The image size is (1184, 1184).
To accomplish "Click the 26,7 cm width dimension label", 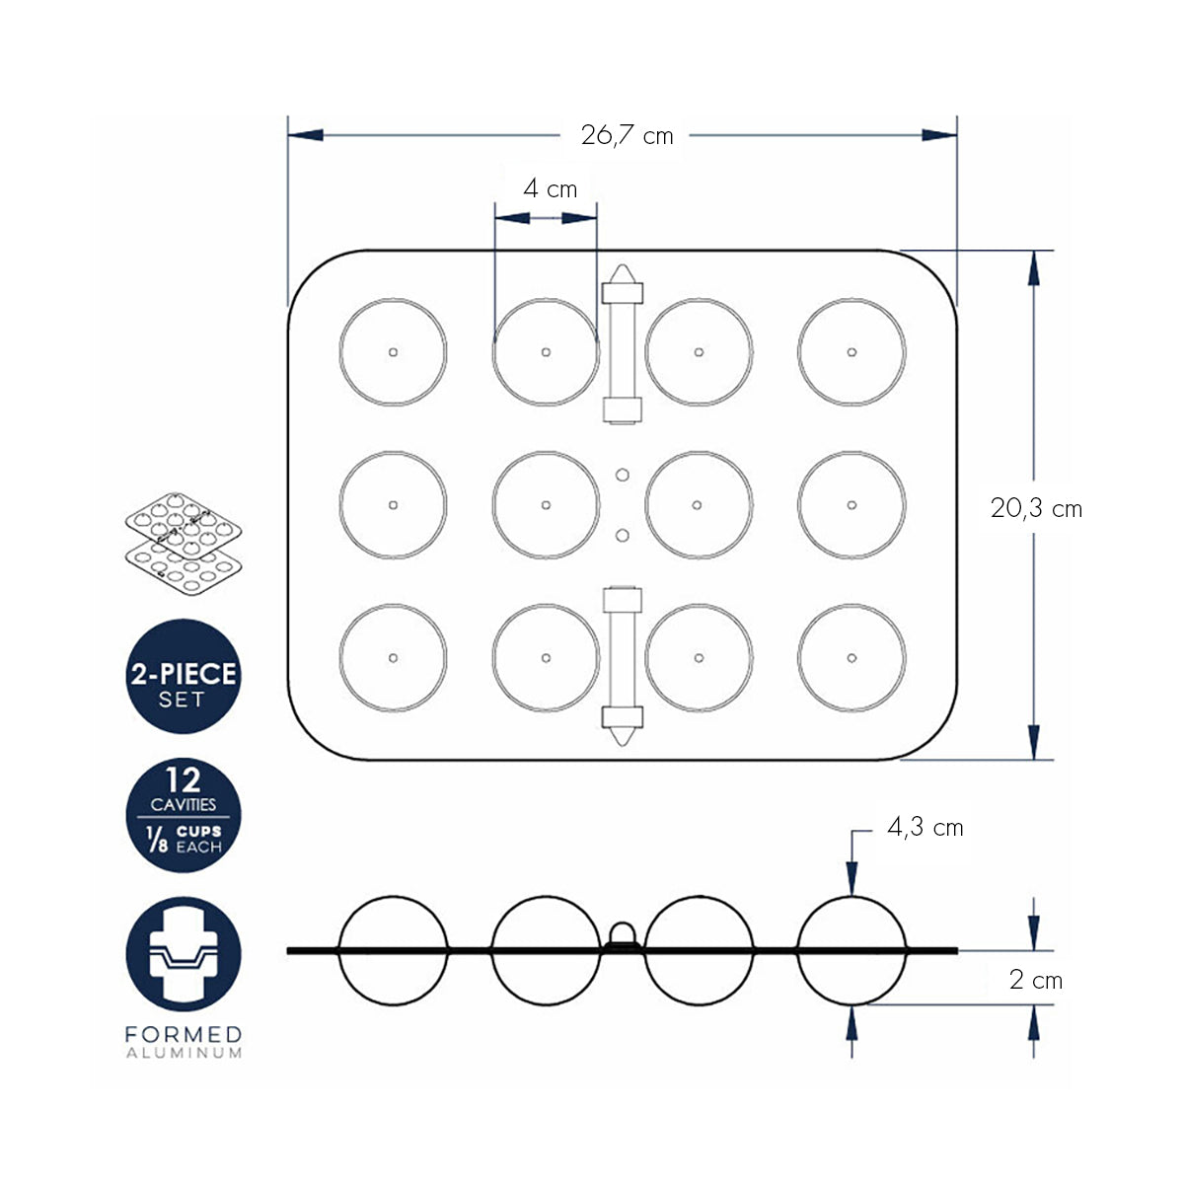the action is tap(627, 135).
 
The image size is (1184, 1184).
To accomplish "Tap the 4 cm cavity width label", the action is tap(550, 188).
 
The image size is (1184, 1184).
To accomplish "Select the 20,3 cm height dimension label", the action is tap(1036, 508).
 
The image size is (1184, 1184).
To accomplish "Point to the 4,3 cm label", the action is tap(925, 828).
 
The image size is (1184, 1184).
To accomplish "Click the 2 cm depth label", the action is tap(1035, 980).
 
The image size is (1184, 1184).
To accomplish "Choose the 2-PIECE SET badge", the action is tap(184, 676).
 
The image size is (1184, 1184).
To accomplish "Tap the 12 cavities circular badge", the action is tap(184, 815).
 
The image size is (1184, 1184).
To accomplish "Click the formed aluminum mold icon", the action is tap(184, 954).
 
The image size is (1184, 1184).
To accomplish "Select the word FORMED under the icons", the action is tap(184, 1034).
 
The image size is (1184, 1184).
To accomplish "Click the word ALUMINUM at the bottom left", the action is tap(184, 1053).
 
